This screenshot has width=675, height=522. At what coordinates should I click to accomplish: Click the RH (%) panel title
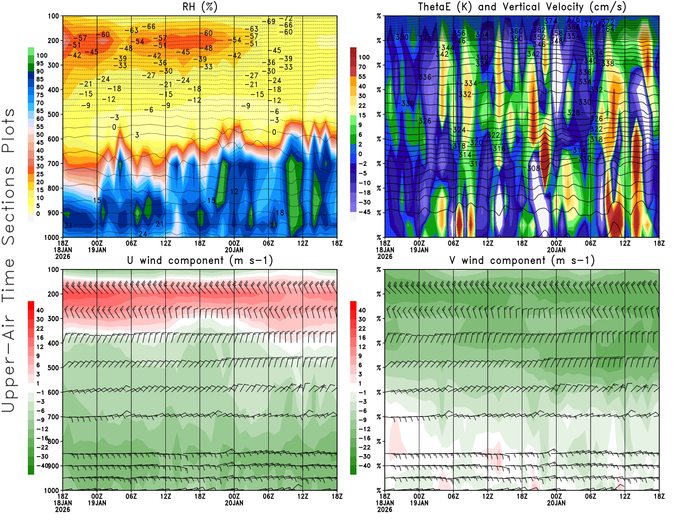coord(200,7)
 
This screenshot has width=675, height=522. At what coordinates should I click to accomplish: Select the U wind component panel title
coord(200,260)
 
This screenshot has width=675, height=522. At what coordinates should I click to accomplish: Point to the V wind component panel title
coord(522,260)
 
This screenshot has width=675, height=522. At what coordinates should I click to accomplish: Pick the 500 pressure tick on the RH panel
coord(53,114)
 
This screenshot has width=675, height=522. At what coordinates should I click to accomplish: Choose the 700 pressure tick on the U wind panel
coord(53,417)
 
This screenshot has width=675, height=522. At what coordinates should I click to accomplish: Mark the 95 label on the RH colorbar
coord(40,63)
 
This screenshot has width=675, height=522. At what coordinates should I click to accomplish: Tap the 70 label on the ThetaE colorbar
coord(362,67)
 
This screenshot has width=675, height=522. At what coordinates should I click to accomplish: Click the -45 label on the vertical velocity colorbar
coord(364,212)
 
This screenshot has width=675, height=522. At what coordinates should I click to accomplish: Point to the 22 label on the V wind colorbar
coord(362,329)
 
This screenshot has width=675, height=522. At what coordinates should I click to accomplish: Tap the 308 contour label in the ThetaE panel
coord(533,169)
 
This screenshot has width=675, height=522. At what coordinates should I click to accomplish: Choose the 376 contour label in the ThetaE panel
coord(573,19)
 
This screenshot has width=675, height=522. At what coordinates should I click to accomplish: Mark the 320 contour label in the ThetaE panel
coord(476,143)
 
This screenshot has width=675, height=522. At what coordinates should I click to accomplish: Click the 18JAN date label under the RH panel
coord(62,250)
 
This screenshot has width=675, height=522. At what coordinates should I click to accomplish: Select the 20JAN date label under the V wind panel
coord(556,503)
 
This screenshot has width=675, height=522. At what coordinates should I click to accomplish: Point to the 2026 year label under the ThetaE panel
coord(385,256)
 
